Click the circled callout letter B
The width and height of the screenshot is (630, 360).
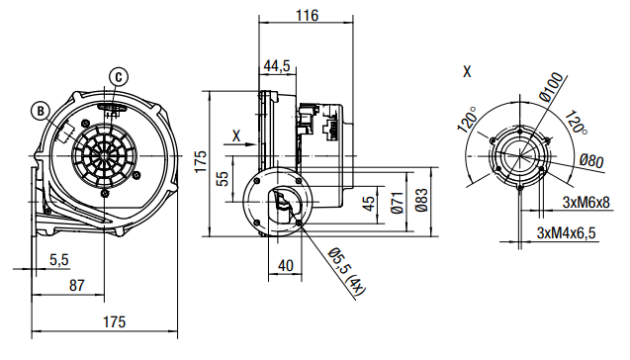coord(41,112)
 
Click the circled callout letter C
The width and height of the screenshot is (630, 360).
coord(119,77)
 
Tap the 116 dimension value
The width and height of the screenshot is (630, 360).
coord(307,16)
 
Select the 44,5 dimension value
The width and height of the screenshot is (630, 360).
coord(277,66)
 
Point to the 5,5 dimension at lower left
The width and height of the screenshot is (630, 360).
coord(59,260)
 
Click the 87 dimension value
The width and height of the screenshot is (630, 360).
coord(77,286)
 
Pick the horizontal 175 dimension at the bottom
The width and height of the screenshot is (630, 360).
coord(115,322)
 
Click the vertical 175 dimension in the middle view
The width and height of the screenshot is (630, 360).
coord(201,161)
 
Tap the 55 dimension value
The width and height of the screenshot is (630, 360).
coord(223,178)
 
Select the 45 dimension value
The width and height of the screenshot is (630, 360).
coord(369,204)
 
